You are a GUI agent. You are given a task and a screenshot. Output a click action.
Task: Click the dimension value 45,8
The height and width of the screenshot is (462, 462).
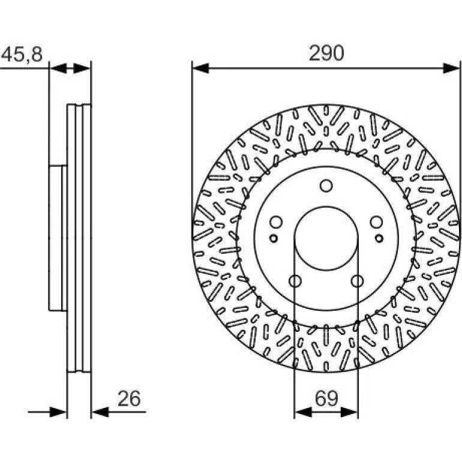(x=22, y=54)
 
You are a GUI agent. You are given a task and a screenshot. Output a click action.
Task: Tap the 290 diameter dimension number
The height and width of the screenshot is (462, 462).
(x=326, y=53)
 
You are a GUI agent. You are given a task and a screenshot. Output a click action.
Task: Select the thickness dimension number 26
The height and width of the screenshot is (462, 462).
(x=129, y=398)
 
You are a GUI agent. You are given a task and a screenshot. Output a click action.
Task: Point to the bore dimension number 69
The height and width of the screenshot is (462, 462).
(x=326, y=398)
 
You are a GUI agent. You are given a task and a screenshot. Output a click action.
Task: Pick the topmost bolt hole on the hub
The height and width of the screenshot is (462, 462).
(x=326, y=186)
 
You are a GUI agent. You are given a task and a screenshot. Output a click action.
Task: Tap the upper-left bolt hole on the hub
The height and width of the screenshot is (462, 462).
(x=276, y=222)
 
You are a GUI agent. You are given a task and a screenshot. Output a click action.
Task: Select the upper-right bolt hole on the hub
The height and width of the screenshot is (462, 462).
(x=376, y=222)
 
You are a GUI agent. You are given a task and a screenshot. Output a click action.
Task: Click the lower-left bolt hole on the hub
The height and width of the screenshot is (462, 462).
(x=295, y=281)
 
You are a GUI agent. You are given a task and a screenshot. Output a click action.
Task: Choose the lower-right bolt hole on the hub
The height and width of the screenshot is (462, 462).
(x=357, y=281)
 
